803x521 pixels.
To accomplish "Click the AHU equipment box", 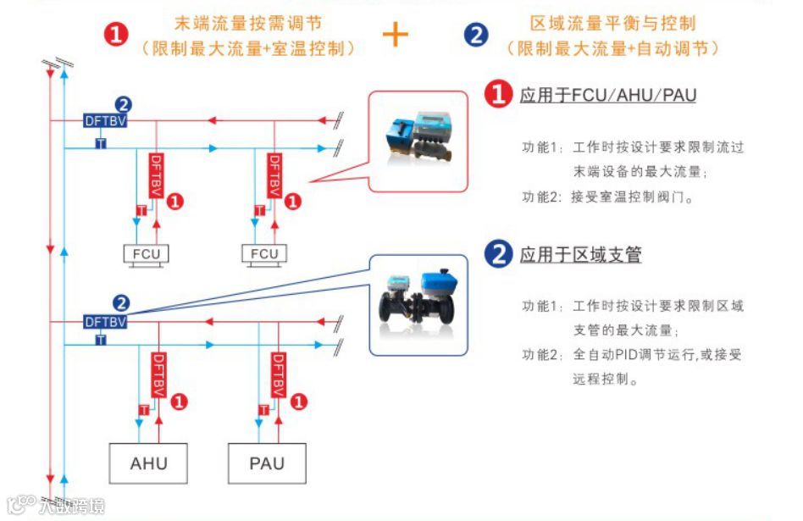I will pyautogui.click(x=148, y=463).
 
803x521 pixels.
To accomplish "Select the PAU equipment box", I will pyautogui.click(x=267, y=463).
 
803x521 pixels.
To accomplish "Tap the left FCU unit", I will pyautogui.click(x=146, y=253).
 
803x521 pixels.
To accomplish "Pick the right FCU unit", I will pyautogui.click(x=264, y=253).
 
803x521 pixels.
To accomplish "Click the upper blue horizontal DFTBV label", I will pyautogui.click(x=106, y=120).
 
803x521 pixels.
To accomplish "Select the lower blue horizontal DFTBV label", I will pyautogui.click(x=105, y=322).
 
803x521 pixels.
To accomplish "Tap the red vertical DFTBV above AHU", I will pyautogui.click(x=156, y=374).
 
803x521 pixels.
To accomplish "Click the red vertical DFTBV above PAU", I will pyautogui.click(x=275, y=374).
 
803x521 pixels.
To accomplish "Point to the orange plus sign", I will pyautogui.click(x=395, y=34).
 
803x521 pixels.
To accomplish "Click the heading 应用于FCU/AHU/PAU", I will pyautogui.click(x=607, y=95).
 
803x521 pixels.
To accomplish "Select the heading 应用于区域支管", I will pyautogui.click(x=580, y=253).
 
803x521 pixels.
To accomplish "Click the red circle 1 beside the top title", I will pyautogui.click(x=117, y=35).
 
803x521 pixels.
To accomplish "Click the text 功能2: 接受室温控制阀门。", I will pyautogui.click(x=607, y=198).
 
